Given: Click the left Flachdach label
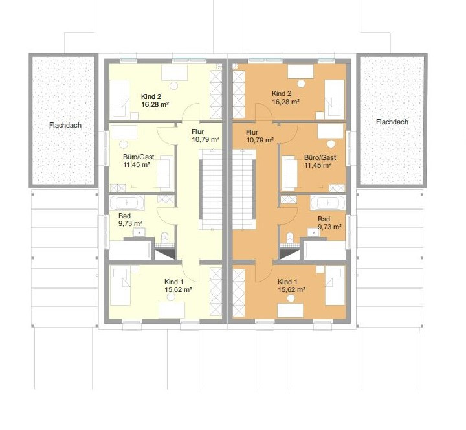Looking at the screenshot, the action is coord(65,125).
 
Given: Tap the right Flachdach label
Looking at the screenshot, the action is coord(392,122).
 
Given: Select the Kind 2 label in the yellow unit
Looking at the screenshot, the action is coord(151,96).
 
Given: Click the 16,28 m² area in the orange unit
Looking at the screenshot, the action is coord(285,102).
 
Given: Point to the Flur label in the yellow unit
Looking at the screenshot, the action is coord(197,131).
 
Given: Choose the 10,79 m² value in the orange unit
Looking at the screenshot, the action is coord(260,140).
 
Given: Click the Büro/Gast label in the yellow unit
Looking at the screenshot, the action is coord(139,157).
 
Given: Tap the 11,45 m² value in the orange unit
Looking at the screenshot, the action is coord(318,165).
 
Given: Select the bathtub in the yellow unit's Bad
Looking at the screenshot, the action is coord(127,203).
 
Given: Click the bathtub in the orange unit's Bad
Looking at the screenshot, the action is coord(327,203).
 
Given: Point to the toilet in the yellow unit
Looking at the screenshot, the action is coord(164,238).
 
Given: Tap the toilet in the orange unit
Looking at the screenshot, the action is coord(290,238).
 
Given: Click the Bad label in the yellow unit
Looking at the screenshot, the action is coord(124,216).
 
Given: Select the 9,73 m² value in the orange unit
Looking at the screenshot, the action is coord(329,227).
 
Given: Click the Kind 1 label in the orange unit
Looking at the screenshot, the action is coord(287,282).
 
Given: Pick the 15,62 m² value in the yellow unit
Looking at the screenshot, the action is coord(178,289).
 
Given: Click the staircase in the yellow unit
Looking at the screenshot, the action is coord(210,189).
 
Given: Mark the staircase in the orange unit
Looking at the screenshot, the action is coord(244,189).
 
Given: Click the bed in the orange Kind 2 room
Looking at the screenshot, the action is coord(335,98).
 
